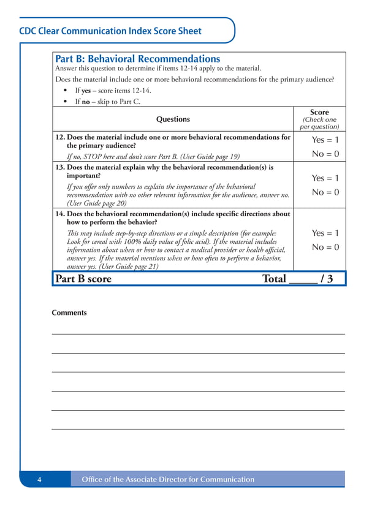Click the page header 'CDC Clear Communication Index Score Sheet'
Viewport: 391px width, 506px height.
coord(110,31)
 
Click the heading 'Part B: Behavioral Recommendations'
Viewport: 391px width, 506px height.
coord(138,59)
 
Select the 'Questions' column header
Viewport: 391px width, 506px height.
coord(173,119)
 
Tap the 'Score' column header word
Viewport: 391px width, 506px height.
coord(319,112)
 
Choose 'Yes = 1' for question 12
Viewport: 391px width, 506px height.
coord(325,140)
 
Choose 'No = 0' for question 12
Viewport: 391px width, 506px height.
coord(325,154)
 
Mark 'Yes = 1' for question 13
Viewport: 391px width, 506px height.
coord(325,178)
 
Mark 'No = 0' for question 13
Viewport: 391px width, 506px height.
coord(325,192)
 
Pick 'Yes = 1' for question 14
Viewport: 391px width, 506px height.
coord(325,233)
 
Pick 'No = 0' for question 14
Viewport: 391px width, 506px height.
coord(325,247)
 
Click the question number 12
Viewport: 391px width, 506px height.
coord(59,137)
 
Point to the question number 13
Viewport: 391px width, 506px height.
coord(59,167)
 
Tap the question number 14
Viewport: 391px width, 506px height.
coord(59,214)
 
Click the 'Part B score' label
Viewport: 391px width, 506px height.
coord(83,279)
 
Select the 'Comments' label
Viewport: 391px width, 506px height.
coord(69,313)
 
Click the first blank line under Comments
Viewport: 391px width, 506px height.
coord(198,333)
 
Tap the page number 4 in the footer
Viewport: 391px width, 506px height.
coord(39,480)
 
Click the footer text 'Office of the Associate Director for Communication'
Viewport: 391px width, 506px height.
coord(168,480)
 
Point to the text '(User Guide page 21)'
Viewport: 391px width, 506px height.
coord(130,266)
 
